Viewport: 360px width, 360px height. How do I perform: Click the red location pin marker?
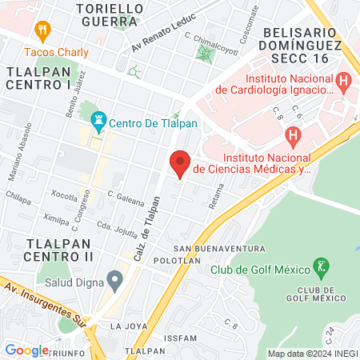coord(180,164)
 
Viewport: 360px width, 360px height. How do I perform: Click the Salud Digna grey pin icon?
coord(115,280)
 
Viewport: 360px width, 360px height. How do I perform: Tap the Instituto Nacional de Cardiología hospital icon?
coord(343,81)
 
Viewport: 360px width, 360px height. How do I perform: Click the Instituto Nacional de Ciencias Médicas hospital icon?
coord(294,136)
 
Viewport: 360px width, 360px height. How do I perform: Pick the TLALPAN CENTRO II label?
coord(59,249)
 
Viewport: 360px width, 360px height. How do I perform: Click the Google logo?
coord(26,350)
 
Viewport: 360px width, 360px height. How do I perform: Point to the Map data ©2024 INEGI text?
coord(311,354)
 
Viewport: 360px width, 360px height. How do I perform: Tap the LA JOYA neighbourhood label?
coord(129,326)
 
